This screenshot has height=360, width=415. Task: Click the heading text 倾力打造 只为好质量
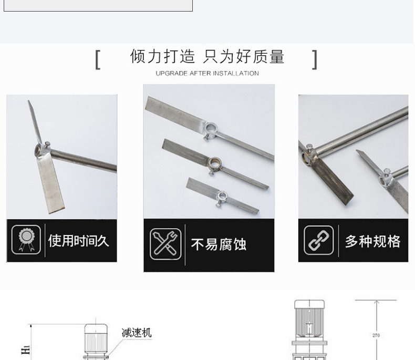207,57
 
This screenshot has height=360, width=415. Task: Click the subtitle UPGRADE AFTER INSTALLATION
207,74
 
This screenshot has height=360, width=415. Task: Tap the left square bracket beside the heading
98,59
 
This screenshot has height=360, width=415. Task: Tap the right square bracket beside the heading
315,59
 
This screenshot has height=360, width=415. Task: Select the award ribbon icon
26,240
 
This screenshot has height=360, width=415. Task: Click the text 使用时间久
78,241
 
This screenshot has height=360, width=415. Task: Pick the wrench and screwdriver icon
165,244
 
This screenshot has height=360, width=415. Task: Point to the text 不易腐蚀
218,244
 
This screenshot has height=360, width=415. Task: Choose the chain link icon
318,241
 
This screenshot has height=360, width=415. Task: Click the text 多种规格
372,241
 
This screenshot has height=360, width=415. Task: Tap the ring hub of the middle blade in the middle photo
215,161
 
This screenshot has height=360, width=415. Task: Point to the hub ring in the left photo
38,150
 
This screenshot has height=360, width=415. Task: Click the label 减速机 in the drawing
136,333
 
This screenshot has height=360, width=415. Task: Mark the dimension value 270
376,335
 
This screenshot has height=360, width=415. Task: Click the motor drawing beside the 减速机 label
97,342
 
